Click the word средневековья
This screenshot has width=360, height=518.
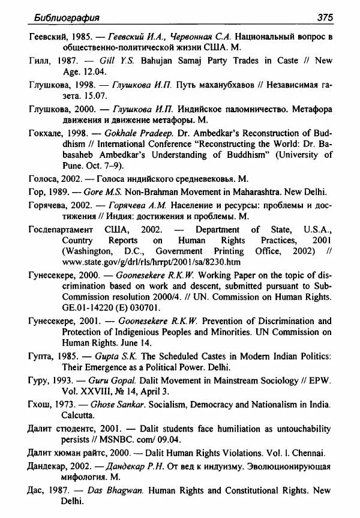coord(204,179)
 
